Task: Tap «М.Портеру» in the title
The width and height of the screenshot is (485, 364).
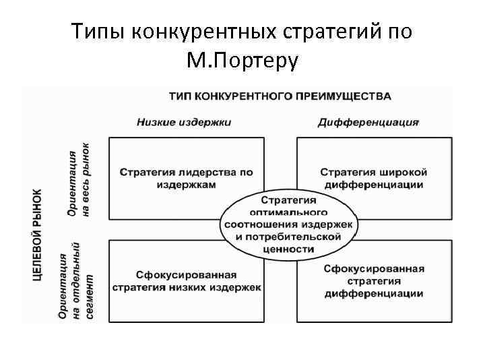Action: (x=245, y=61)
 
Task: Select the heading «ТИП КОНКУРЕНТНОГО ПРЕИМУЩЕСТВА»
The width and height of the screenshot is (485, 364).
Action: (x=279, y=96)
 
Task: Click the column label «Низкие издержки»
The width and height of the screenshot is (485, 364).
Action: (x=183, y=122)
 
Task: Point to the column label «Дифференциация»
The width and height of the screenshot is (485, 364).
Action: (x=368, y=122)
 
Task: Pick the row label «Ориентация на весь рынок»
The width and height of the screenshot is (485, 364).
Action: (x=78, y=179)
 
